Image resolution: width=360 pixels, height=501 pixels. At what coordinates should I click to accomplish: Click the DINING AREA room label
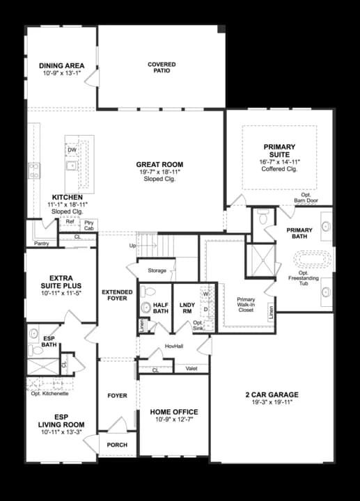(61, 66)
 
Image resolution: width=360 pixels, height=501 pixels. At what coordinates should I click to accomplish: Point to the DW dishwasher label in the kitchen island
(72, 150)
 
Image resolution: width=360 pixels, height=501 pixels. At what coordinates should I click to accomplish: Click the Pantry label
(41, 244)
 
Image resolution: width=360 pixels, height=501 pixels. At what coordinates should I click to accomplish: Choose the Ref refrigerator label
(70, 223)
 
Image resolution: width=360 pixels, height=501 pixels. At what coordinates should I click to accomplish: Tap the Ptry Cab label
(88, 225)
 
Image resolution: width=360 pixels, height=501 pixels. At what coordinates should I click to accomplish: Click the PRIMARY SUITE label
(279, 150)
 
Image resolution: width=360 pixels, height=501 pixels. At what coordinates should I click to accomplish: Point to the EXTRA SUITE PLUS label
(61, 281)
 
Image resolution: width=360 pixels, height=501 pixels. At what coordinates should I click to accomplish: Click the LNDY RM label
(185, 308)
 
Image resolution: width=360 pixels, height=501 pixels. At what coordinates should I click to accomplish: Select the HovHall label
(173, 346)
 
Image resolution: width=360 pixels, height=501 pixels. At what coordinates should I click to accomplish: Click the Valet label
(191, 369)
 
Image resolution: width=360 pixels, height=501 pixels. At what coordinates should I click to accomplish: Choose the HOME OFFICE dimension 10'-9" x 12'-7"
(174, 420)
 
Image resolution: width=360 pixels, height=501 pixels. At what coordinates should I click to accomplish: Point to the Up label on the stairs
(133, 246)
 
